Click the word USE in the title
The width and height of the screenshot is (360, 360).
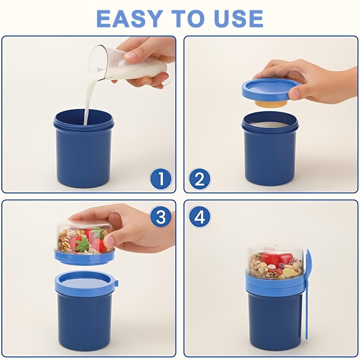(x=238, y=18)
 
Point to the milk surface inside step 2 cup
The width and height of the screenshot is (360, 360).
(x=270, y=125)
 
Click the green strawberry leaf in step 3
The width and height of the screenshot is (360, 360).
(x=82, y=245)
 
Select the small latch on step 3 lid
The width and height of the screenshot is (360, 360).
(x=116, y=283)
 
